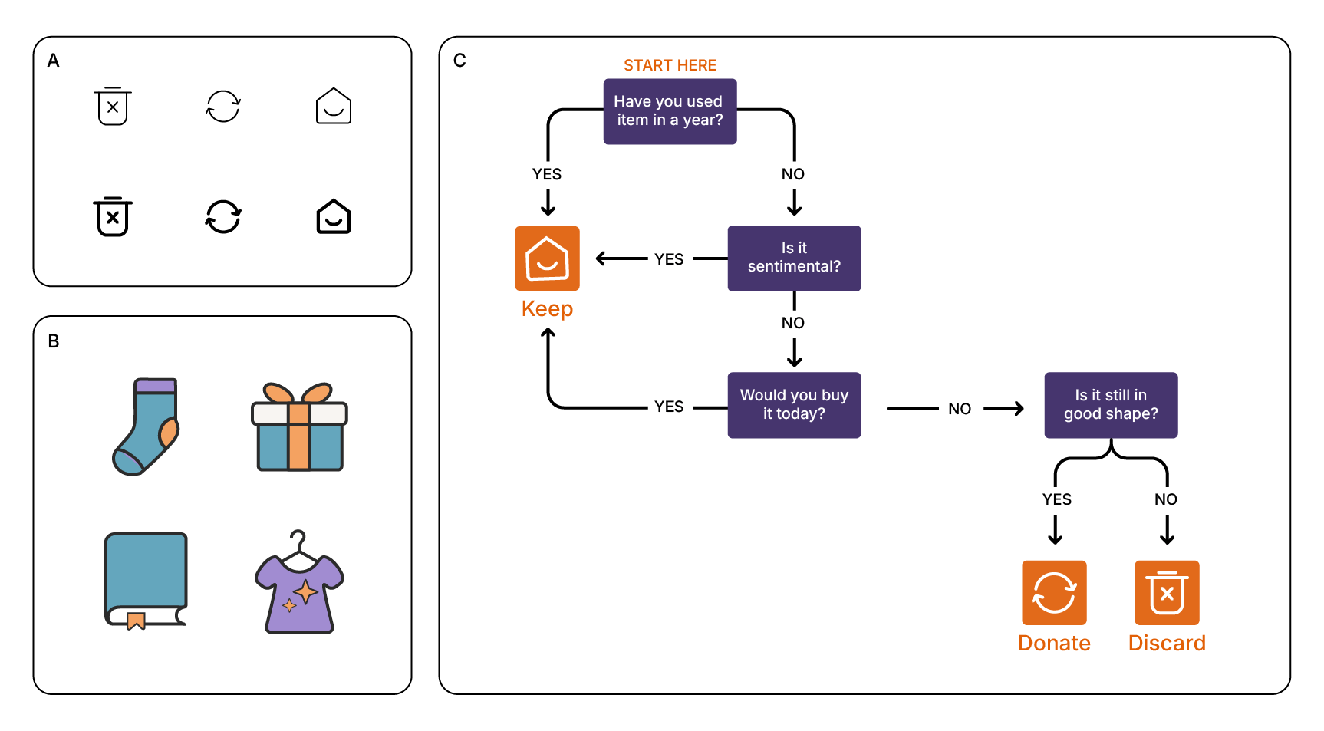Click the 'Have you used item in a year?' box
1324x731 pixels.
670,111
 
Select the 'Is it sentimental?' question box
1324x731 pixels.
794,258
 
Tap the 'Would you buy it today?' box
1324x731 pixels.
794,405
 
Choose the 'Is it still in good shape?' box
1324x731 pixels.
1110,405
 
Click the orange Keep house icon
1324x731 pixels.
547,258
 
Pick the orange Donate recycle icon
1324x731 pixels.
1054,593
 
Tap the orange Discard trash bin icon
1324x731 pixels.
1167,593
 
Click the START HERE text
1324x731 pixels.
670,65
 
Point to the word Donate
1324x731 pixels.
1054,643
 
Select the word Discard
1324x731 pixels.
1167,643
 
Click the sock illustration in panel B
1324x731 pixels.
146,426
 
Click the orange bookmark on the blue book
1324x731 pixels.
136,620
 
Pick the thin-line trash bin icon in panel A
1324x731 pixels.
113,106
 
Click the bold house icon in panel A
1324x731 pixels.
334,217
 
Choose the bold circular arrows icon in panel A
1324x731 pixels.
223,217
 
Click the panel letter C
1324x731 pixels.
459,61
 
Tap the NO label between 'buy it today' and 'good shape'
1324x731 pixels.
960,409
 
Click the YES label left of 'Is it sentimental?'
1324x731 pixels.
669,259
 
